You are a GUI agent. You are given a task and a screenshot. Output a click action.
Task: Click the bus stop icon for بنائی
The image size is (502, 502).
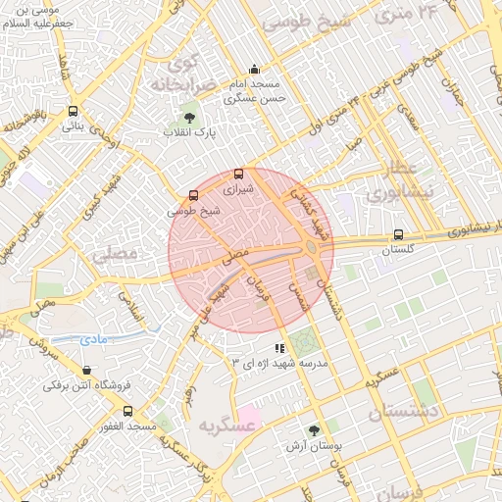(x=74, y=111)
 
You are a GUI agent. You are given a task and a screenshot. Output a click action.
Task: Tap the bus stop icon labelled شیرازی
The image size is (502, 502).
(x=238, y=174)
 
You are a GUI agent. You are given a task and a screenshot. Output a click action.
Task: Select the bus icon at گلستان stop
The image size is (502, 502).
(x=397, y=234)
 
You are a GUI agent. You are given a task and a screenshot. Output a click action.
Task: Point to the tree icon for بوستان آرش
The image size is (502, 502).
(x=314, y=430)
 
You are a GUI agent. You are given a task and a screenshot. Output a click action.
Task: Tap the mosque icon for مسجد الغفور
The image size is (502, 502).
(x=127, y=412)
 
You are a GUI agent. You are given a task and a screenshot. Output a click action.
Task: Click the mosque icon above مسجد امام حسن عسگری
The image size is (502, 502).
(x=255, y=70)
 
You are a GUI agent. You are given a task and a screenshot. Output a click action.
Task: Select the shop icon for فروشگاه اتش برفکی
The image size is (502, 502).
(x=88, y=372)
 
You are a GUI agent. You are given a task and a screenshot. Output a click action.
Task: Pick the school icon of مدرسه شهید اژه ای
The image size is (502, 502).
(x=280, y=347)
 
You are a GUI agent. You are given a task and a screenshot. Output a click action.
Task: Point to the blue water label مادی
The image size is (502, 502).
(x=94, y=338)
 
